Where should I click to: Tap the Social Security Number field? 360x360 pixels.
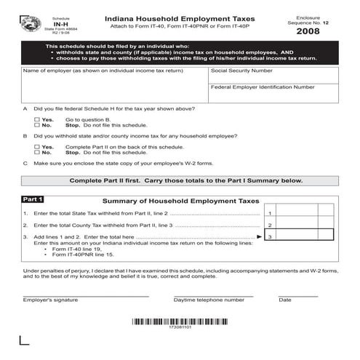[274, 77]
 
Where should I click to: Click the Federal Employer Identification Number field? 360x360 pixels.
[274, 97]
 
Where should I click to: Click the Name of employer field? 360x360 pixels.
[113, 87]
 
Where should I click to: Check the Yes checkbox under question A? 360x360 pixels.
[37, 119]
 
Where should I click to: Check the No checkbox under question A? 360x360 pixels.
[37, 124]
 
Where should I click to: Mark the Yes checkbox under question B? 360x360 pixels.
[37, 147]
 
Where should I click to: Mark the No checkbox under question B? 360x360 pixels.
[37, 153]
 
